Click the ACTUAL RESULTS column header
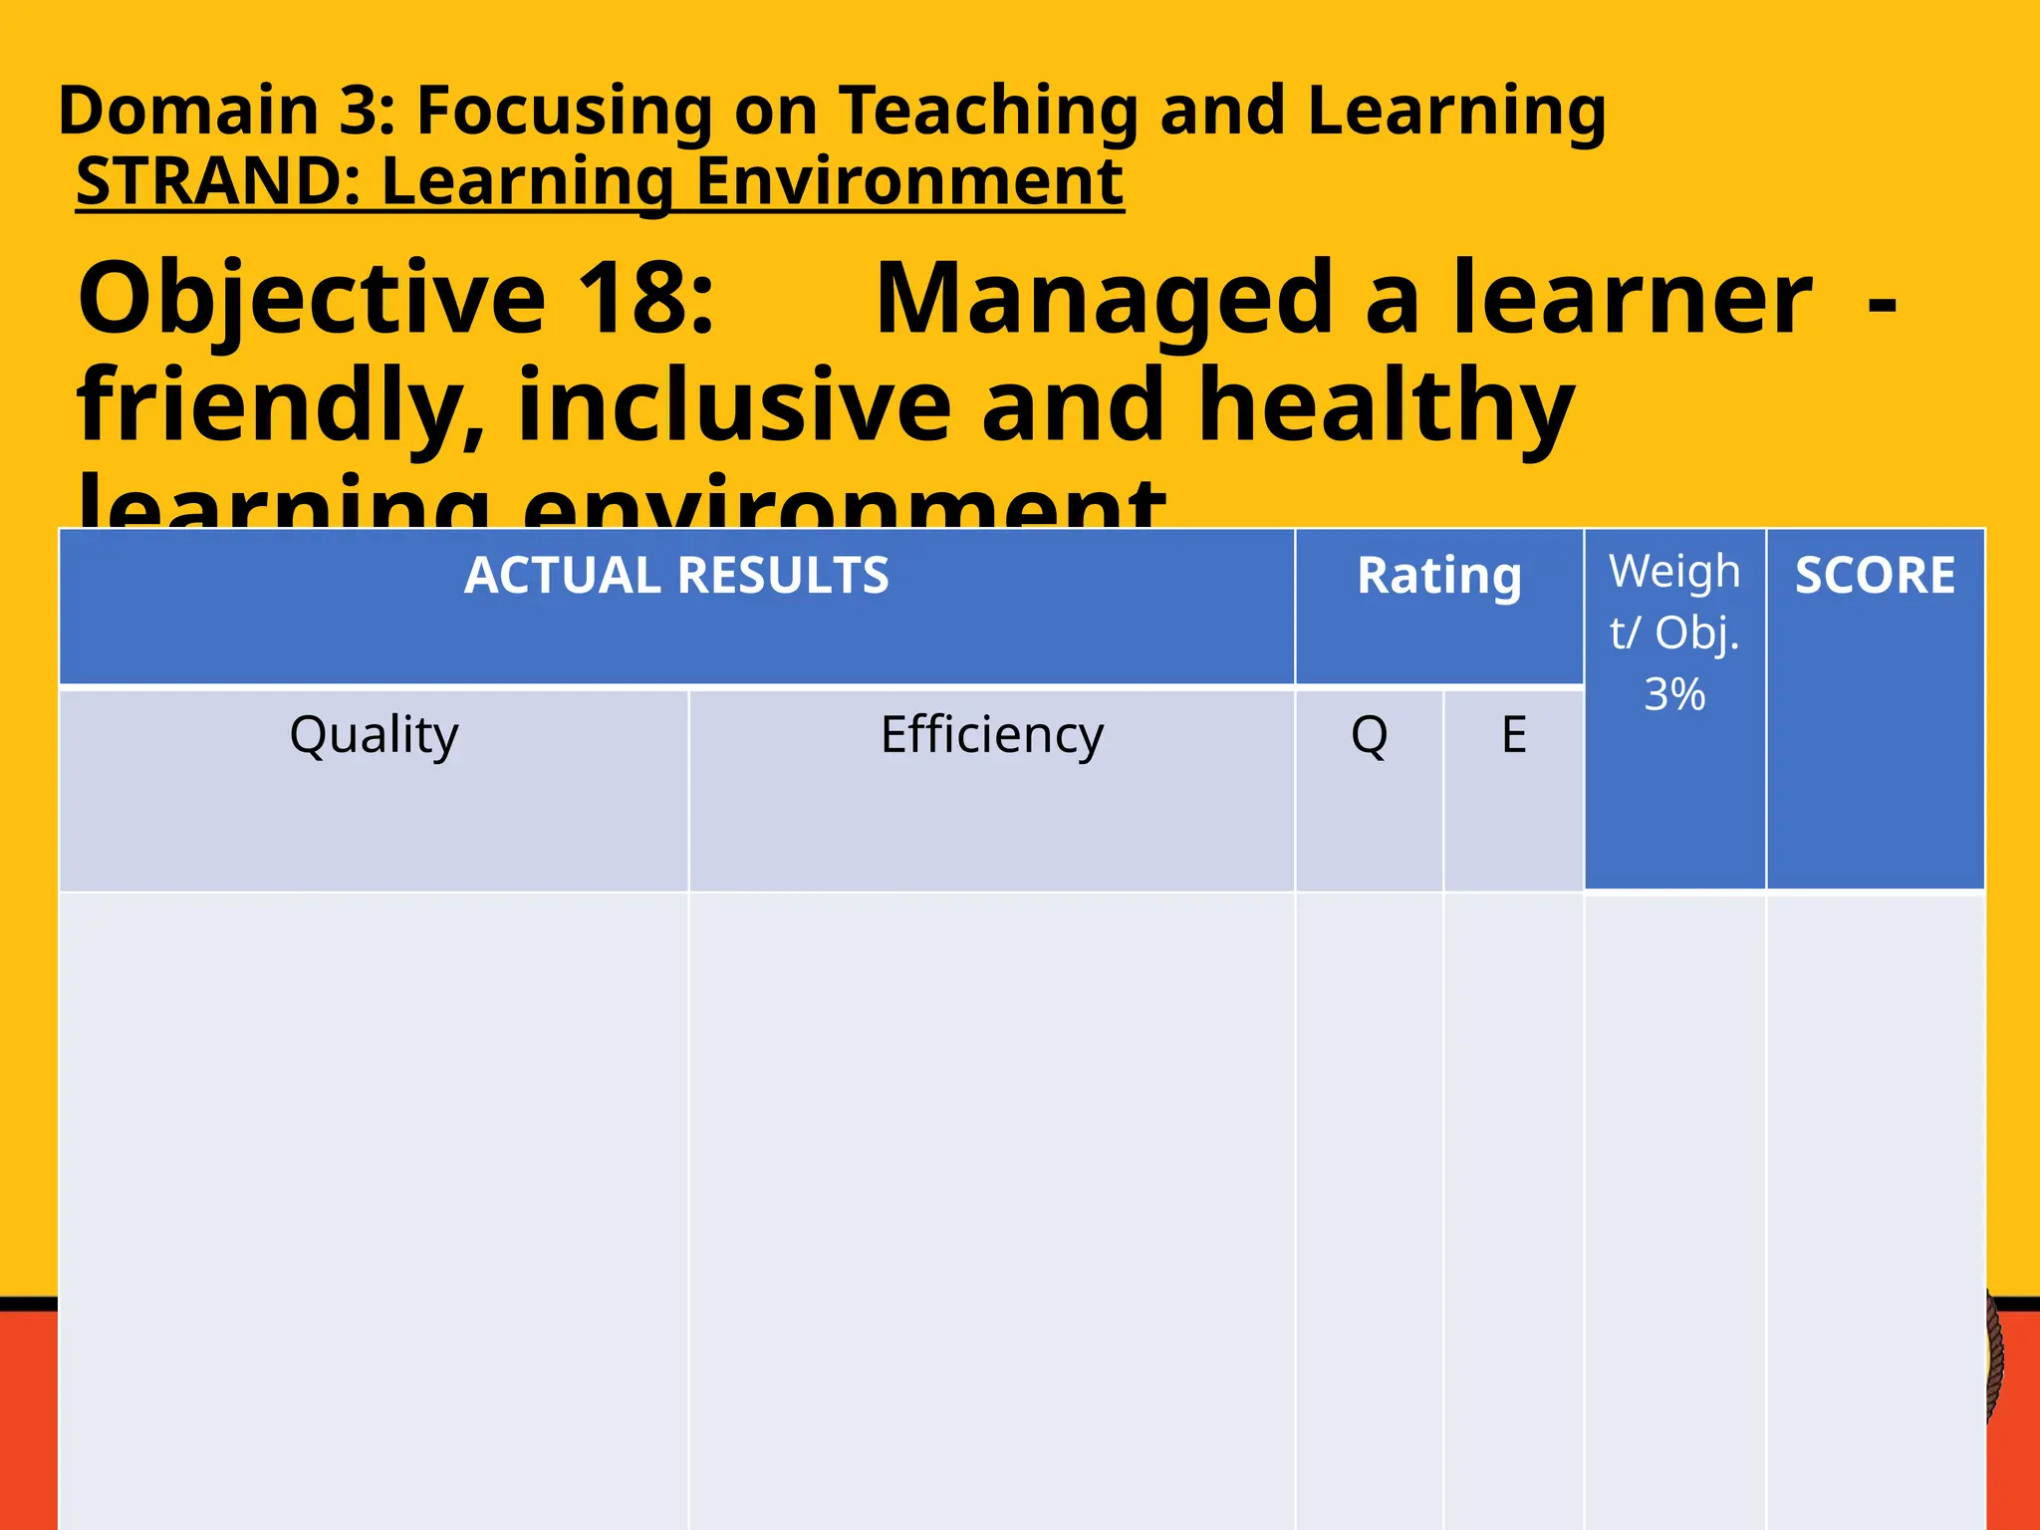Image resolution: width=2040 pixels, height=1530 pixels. pos(676,576)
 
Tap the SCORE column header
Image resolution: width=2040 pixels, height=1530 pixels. pos(1875,576)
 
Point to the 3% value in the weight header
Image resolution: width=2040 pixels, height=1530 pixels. pos(1674,694)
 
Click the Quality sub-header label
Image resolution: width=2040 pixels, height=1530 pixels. pos(375,736)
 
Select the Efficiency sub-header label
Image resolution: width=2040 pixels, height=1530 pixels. pos(992,736)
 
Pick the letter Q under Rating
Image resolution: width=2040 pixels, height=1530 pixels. pos(1370,736)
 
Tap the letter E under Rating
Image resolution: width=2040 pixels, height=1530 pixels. pos(1514,735)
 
